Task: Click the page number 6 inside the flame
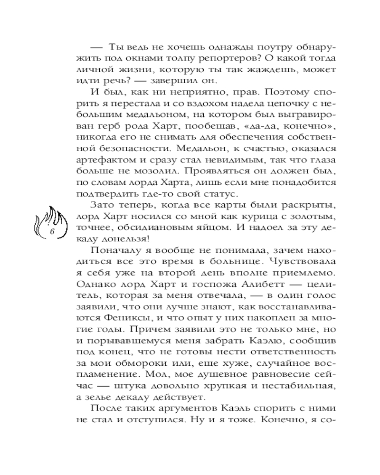pos(53,231)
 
